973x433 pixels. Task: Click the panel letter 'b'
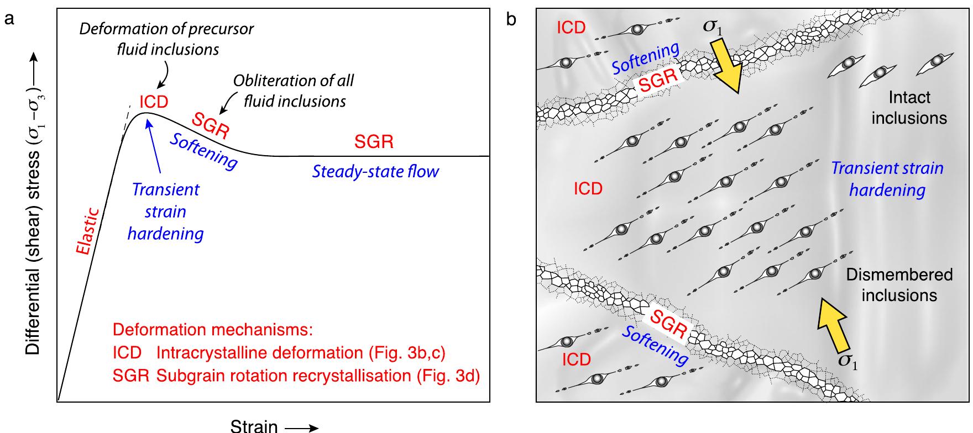(512, 20)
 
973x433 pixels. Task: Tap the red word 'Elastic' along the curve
(89, 231)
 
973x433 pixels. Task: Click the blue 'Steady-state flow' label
(375, 172)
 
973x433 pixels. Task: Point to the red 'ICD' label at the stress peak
(154, 102)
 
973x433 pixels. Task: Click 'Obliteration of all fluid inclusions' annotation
(294, 91)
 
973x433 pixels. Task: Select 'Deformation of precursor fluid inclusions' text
(167, 39)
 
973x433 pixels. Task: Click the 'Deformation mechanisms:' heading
(213, 330)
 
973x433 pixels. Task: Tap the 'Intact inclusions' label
(909, 108)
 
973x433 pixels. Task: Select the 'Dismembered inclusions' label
(899, 285)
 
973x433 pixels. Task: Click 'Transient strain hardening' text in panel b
(887, 179)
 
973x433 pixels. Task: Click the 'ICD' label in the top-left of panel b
(571, 28)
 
